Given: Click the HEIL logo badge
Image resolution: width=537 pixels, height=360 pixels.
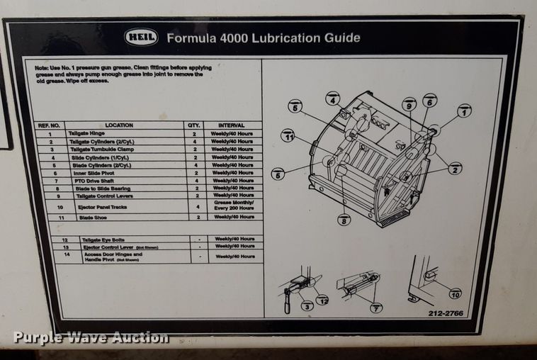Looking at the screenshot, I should coord(141,38).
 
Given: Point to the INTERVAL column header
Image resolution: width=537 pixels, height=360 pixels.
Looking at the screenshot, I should coord(231,125).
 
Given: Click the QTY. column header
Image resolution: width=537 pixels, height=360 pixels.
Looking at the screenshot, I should coord(193,125).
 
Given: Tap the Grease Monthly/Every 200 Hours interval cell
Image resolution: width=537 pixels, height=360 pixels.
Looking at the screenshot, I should coord(234,206).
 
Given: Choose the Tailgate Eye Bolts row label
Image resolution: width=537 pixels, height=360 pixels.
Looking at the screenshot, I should coord(99,240).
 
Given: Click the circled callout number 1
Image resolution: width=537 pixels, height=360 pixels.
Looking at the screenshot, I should coord(464,111).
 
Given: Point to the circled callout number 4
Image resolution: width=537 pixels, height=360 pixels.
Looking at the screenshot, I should coord(333,99).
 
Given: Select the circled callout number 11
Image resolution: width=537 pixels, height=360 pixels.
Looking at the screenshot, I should coord(287,135).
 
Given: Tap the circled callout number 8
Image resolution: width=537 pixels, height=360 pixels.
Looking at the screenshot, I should coord(344,220).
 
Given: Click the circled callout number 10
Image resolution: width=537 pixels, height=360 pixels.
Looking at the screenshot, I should coord(454,293).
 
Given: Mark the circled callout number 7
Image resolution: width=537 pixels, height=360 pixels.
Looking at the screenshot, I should coord(376,308).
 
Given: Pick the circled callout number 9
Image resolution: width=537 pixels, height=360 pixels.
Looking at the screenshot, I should coord(409,104).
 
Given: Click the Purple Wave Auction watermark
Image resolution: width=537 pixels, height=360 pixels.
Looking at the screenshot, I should coord(91,337).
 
